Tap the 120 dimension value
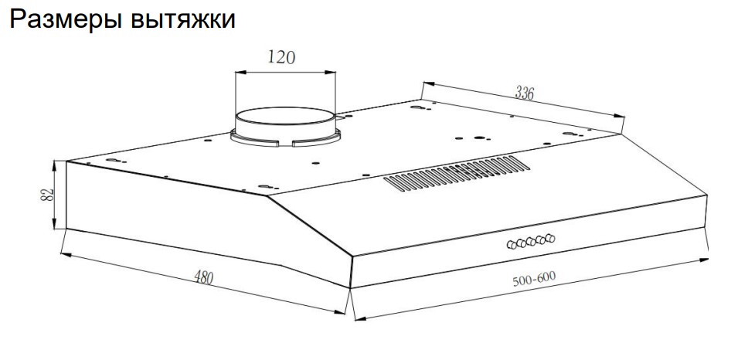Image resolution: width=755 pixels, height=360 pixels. point(281,57)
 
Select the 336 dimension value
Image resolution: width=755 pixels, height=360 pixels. point(526,92)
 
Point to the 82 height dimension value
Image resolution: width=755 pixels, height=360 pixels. point(46,195)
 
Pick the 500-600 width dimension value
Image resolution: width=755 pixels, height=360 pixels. point(533,278)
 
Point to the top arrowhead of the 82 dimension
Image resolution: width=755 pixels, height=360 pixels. point(56,163)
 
